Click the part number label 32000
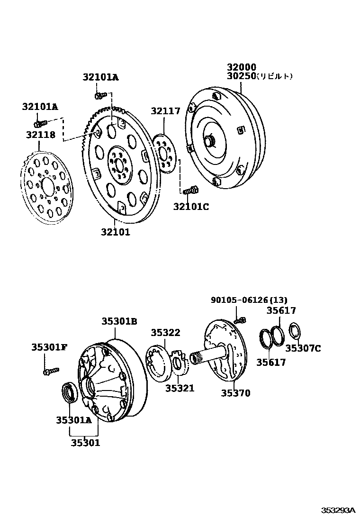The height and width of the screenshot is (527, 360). point(241,68)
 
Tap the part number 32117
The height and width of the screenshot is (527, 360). point(166,111)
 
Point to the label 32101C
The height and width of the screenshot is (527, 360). point(190,207)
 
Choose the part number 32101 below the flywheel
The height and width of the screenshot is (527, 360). point(115,232)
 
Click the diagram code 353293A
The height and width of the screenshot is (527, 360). point(338,510)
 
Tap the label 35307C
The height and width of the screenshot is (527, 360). point(303,349)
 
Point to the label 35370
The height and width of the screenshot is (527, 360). point(235,393)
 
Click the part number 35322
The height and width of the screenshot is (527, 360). point(165,333)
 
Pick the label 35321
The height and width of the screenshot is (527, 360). point(180,388)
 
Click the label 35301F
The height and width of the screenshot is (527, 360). point(49,347)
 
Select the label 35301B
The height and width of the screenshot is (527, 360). point(119,321)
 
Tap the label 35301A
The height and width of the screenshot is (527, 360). point(73,420)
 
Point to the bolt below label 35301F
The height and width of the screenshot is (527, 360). point(51,371)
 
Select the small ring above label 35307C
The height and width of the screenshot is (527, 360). point(295,330)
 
